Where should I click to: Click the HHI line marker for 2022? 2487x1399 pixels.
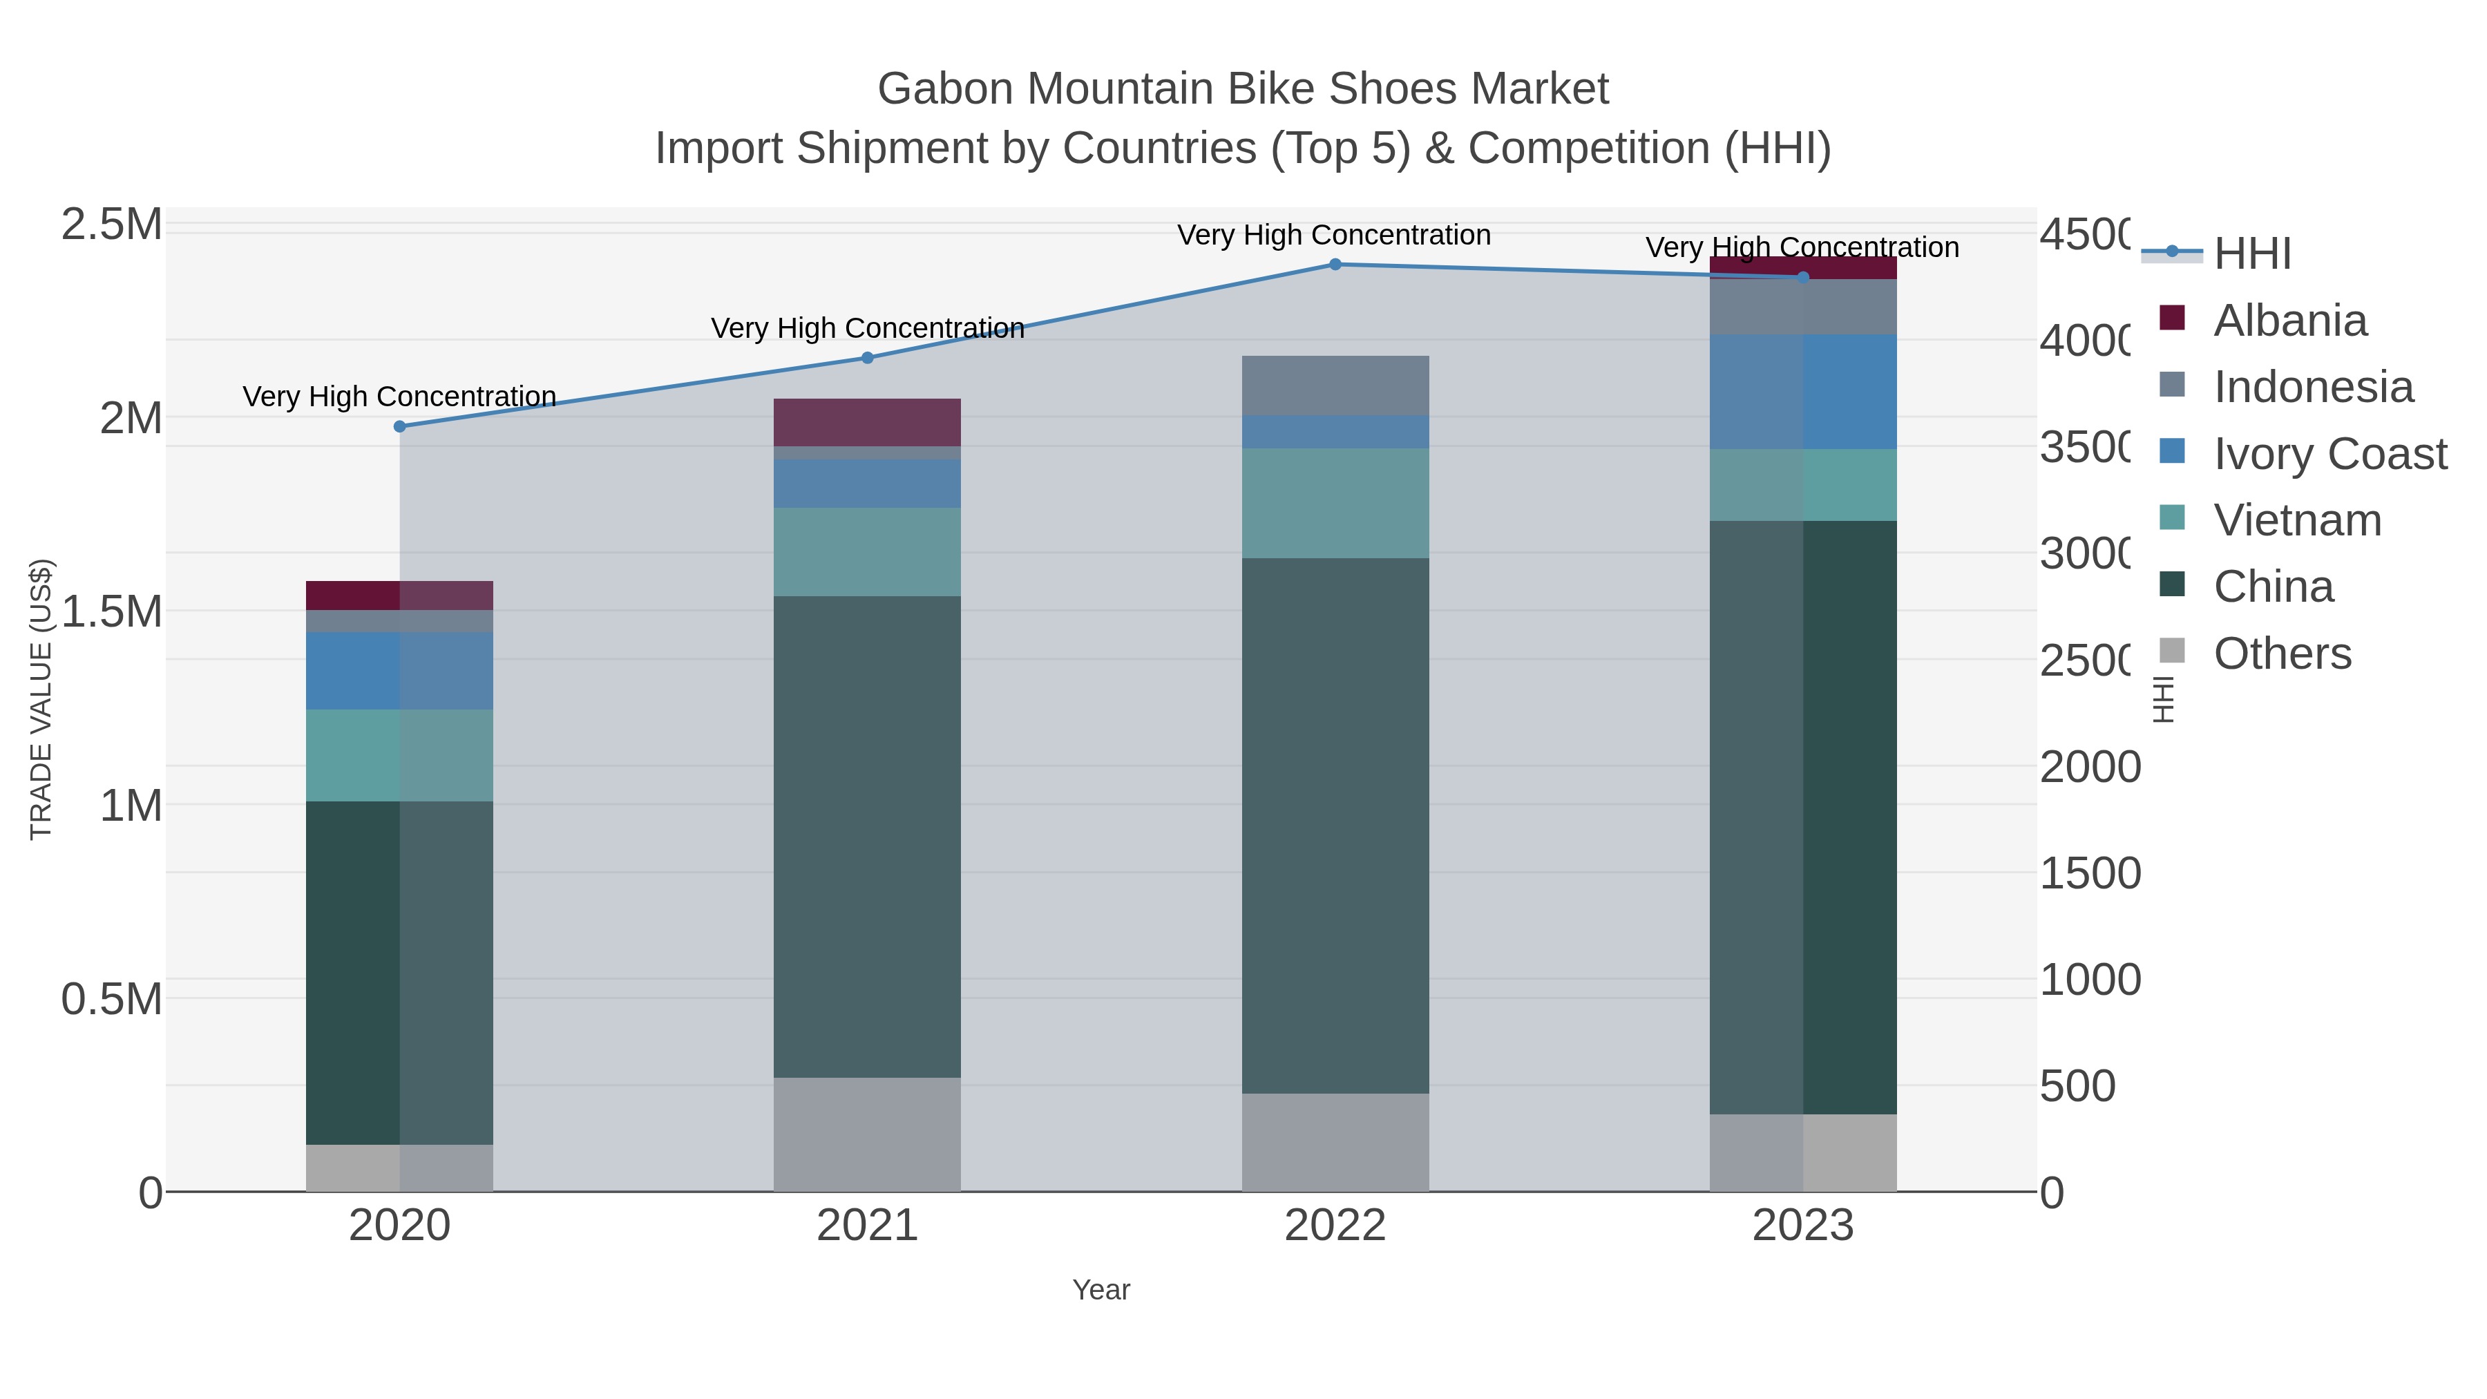[1335, 265]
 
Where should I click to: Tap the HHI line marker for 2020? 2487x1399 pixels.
[400, 427]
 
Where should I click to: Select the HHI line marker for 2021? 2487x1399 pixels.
[867, 358]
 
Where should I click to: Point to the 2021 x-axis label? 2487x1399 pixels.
[867, 1226]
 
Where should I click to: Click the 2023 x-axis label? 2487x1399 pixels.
[1802, 1226]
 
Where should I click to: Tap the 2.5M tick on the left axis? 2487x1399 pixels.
[112, 225]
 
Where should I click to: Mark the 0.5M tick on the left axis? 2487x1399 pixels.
[112, 999]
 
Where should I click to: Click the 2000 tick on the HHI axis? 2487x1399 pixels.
[2090, 768]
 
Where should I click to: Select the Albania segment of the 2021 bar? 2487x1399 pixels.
[867, 422]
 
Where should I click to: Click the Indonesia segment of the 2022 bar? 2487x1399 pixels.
[1335, 386]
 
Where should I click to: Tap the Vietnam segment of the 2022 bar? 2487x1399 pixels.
[1335, 503]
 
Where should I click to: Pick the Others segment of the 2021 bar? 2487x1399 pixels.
[867, 1134]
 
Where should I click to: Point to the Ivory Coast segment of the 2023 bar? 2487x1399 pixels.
[1802, 392]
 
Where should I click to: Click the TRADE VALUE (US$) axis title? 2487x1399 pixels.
[41, 699]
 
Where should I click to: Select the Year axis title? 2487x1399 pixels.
[1100, 1290]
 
